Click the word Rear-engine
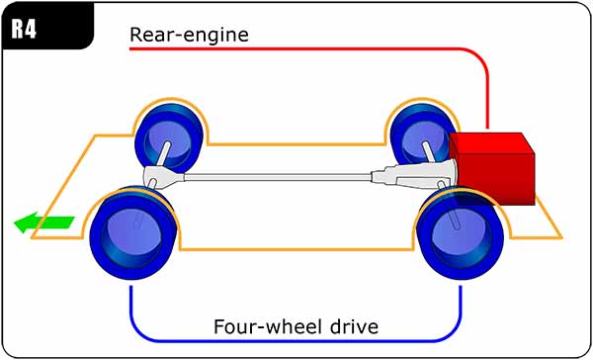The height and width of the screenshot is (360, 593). (189, 35)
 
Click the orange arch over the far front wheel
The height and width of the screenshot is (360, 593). (168, 99)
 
